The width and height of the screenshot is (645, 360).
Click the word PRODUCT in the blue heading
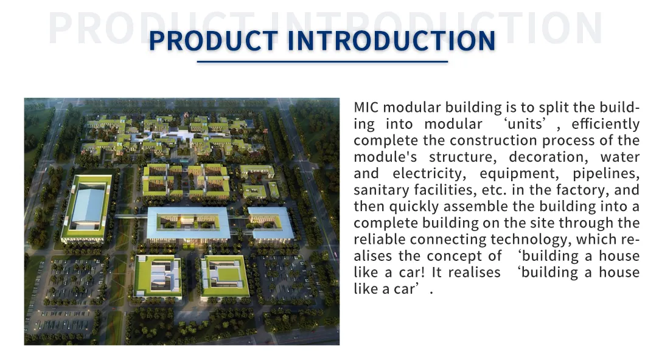(213, 41)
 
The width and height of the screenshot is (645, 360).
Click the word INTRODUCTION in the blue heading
(391, 41)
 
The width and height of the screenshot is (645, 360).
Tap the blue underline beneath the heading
(322, 61)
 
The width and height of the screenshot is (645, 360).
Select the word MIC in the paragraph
(366, 108)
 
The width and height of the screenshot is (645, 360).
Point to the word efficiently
(605, 124)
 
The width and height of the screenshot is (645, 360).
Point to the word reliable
(380, 240)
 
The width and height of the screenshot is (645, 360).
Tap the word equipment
(517, 173)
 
